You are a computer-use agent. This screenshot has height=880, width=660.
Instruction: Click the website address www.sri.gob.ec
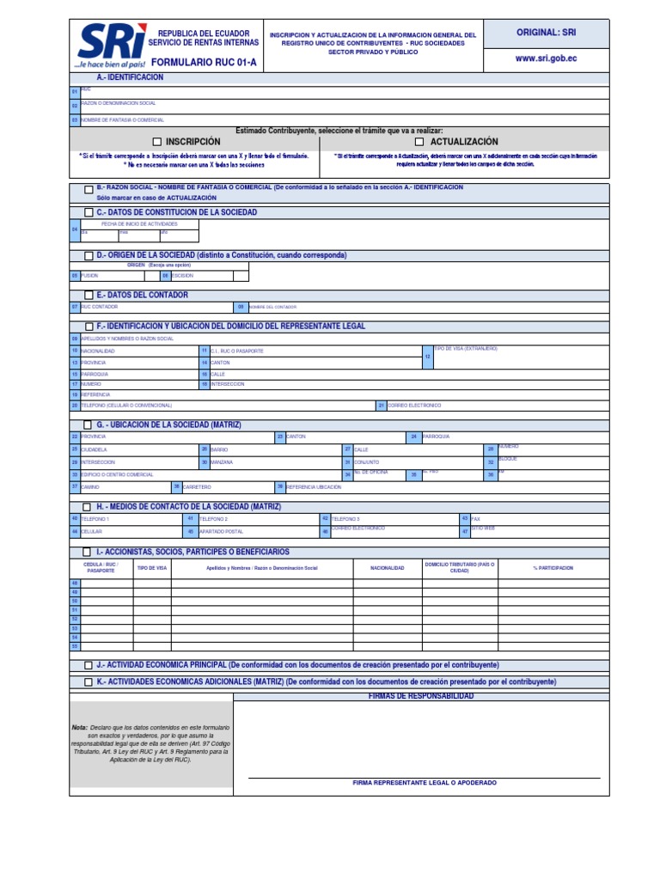(546, 59)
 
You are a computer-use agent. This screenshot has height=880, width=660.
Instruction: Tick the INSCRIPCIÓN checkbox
(157, 142)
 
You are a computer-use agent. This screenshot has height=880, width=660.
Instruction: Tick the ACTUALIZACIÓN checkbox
(420, 142)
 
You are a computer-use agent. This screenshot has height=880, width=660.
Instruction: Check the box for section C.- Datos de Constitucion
(89, 212)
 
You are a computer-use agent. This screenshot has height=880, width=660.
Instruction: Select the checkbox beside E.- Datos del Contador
(89, 296)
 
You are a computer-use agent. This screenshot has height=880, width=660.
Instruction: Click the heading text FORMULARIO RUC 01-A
(204, 63)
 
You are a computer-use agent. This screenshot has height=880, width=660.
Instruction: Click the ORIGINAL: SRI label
(546, 32)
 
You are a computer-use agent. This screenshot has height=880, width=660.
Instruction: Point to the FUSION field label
(90, 276)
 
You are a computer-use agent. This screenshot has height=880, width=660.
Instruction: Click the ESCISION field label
(182, 276)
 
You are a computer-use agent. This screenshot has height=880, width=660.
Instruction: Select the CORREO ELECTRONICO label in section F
(414, 405)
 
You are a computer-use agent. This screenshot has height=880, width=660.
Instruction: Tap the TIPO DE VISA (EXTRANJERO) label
(466, 348)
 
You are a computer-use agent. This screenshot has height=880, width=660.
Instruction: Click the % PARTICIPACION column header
(553, 568)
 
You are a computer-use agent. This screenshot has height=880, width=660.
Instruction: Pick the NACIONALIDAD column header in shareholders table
(387, 568)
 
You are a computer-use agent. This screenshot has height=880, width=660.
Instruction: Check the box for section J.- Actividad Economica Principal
(89, 665)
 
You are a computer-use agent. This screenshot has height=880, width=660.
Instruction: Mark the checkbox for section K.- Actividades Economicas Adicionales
(89, 682)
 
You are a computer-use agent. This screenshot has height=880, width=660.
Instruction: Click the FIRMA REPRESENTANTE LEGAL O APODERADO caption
(425, 783)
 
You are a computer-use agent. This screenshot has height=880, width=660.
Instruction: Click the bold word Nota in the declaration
(80, 727)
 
